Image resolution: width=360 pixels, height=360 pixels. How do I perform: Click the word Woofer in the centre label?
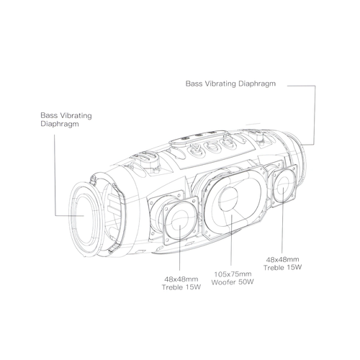click(x=223, y=282)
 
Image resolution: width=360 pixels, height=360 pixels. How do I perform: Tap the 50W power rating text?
click(x=246, y=282)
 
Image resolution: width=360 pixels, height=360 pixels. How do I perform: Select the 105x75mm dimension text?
click(x=233, y=274)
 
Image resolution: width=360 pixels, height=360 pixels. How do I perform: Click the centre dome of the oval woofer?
click(x=228, y=199)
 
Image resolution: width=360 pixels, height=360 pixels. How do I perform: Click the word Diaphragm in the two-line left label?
click(x=60, y=125)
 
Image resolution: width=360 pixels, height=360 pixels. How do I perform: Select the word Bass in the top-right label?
click(x=194, y=84)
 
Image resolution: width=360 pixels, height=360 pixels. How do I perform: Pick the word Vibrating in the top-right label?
click(x=220, y=84)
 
